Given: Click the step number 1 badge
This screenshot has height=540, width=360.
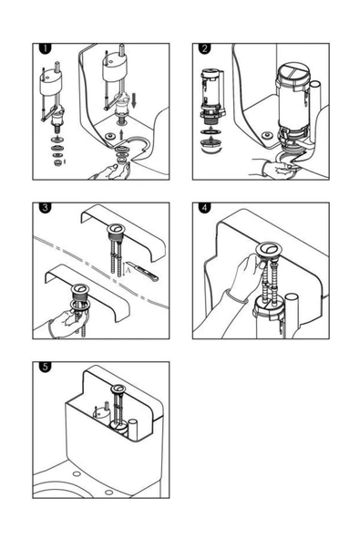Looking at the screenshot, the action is (x=46, y=48).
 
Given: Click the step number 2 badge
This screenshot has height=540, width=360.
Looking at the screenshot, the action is (x=205, y=48).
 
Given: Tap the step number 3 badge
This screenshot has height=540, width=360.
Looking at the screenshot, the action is (x=46, y=208).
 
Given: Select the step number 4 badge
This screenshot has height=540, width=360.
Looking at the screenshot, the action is (x=205, y=208).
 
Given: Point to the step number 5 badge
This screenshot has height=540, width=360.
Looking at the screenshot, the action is (x=46, y=367).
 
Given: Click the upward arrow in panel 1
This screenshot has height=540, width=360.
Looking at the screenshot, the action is (x=121, y=135).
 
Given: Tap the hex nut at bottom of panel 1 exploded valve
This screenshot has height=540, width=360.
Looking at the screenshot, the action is (x=57, y=161).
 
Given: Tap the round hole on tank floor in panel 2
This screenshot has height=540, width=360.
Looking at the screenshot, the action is (x=267, y=135).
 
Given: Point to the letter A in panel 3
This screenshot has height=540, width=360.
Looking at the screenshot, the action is (x=129, y=271).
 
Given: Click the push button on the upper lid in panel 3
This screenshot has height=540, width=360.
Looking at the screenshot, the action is (x=116, y=228).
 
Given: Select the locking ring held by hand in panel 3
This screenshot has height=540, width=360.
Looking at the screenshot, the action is (x=80, y=305).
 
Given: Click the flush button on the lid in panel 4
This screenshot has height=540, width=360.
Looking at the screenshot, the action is (x=270, y=249).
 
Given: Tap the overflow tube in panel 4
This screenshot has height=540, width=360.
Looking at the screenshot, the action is (x=292, y=315).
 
